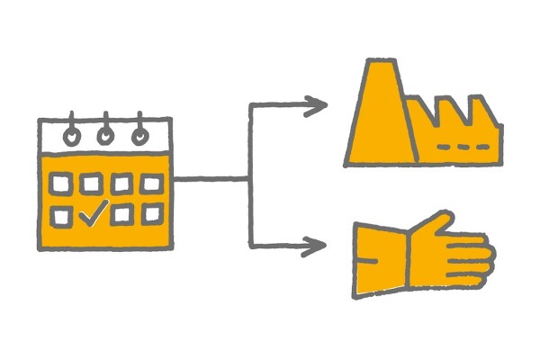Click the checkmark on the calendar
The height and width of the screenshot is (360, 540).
pyautogui.click(x=94, y=213)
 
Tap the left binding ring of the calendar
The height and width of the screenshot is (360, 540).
pyautogui.click(x=72, y=135)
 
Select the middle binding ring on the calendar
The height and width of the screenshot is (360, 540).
pyautogui.click(x=105, y=134)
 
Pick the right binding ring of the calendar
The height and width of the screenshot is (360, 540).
pyautogui.click(x=139, y=134)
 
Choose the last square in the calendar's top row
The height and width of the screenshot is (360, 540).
pyautogui.click(x=152, y=184)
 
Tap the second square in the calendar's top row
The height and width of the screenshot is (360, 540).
pyautogui.click(x=91, y=184)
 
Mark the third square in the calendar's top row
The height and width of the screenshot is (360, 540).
pyautogui.click(x=121, y=184)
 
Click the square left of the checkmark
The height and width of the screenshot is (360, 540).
pyautogui.click(x=61, y=216)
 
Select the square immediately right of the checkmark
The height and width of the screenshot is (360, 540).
pyautogui.click(x=122, y=216)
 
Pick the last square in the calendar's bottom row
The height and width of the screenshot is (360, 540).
pyautogui.click(x=152, y=215)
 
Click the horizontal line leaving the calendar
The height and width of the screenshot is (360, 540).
pyautogui.click(x=211, y=179)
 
